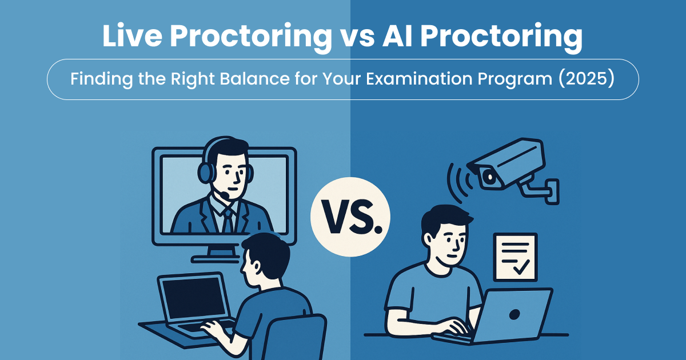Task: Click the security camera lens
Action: click(x=489, y=177)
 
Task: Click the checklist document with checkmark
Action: click(x=515, y=257)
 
